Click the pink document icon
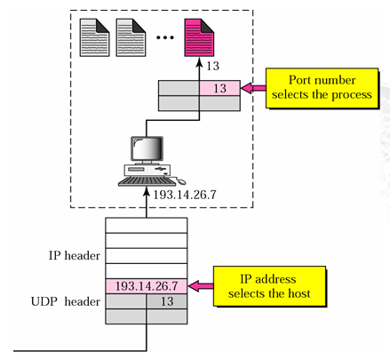(199, 37)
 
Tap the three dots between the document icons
(165, 37)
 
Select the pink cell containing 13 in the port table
(219, 88)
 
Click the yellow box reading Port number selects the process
(322, 88)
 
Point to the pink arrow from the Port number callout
(253, 88)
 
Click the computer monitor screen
(147, 149)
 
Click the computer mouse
(181, 181)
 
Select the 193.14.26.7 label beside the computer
(185, 195)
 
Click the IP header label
(75, 255)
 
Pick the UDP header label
(66, 301)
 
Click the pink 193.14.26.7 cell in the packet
(147, 286)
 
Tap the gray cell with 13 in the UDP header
(167, 301)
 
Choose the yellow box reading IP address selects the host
(269, 286)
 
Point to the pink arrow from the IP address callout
(201, 286)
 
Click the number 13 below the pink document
(212, 66)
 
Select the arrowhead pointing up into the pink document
(199, 62)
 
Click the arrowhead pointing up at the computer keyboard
(147, 192)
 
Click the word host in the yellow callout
(299, 293)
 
